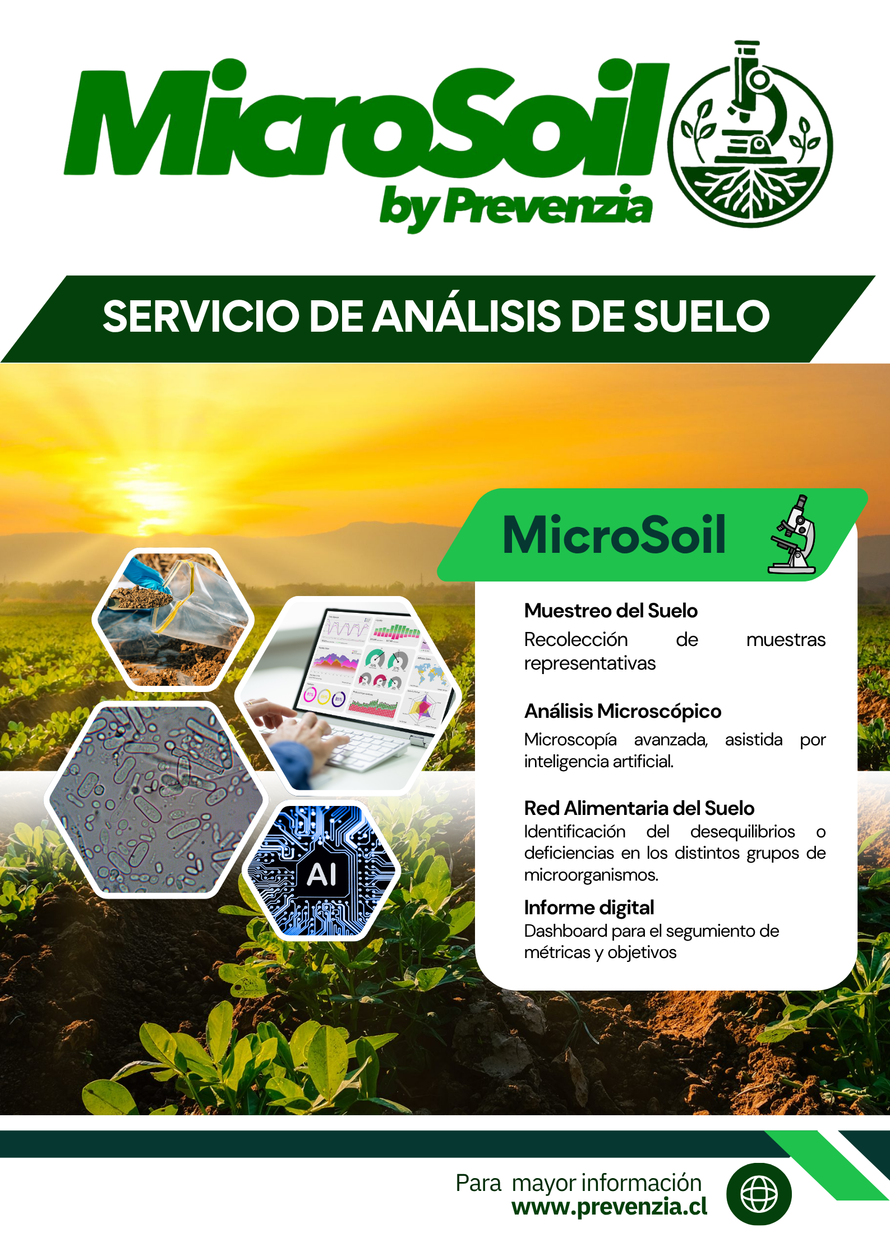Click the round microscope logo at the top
click(x=750, y=135)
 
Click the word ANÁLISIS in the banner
click(x=467, y=315)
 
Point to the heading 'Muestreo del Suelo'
click(x=611, y=611)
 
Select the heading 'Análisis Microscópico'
click(x=622, y=711)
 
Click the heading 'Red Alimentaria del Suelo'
click(x=639, y=808)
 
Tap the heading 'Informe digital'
click(x=589, y=908)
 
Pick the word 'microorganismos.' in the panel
click(x=591, y=875)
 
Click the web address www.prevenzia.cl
click(x=610, y=1207)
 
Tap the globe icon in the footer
click(x=759, y=1194)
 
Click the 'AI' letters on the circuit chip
click(x=322, y=874)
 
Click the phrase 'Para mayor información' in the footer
click(x=578, y=1183)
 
